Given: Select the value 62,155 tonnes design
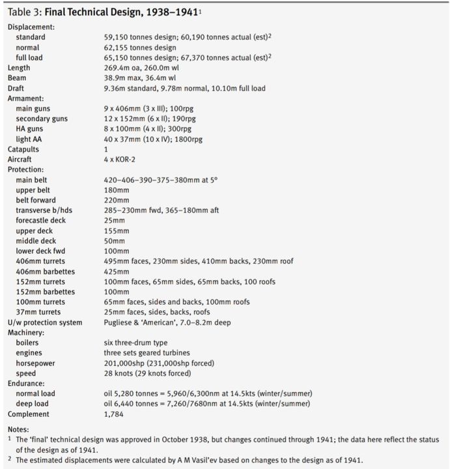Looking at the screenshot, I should (x=140, y=48).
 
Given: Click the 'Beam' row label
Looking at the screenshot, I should (x=17, y=78).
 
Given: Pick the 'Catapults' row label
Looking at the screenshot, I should (x=23, y=149).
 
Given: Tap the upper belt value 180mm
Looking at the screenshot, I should (x=117, y=190).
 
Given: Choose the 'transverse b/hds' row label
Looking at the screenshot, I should (x=44, y=210).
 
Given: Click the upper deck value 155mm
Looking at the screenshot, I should (x=117, y=231).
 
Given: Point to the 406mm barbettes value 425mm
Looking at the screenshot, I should (x=117, y=271).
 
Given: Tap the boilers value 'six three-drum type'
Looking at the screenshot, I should (x=135, y=343).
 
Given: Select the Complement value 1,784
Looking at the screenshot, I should (x=114, y=414).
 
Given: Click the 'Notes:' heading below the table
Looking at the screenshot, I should (x=18, y=429).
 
